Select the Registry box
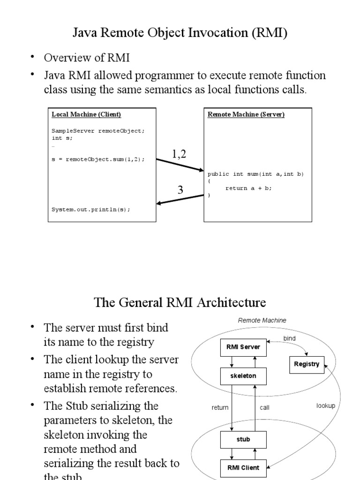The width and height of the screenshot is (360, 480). point(307,364)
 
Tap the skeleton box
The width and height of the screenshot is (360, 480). point(243,376)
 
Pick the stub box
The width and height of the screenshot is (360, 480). point(243,440)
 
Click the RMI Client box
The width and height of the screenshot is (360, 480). point(243,467)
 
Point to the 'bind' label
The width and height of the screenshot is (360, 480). point(290,338)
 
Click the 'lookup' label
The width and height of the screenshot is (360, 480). point(326,406)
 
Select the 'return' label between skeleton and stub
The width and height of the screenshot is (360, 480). point(220,408)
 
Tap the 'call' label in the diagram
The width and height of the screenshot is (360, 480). point(265,408)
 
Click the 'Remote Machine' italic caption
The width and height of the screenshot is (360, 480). point(262,321)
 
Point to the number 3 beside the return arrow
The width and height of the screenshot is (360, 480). point(180,190)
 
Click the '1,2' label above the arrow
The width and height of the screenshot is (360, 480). point(179,154)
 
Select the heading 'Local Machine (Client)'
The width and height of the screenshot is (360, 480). point(86,114)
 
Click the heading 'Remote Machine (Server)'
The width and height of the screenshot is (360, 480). point(246,114)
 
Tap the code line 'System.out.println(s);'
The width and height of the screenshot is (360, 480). point(91,210)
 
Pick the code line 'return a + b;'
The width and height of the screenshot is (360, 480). point(248,188)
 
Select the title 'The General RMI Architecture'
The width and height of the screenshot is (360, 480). point(180,302)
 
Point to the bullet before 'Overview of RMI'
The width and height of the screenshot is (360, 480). point(33,57)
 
